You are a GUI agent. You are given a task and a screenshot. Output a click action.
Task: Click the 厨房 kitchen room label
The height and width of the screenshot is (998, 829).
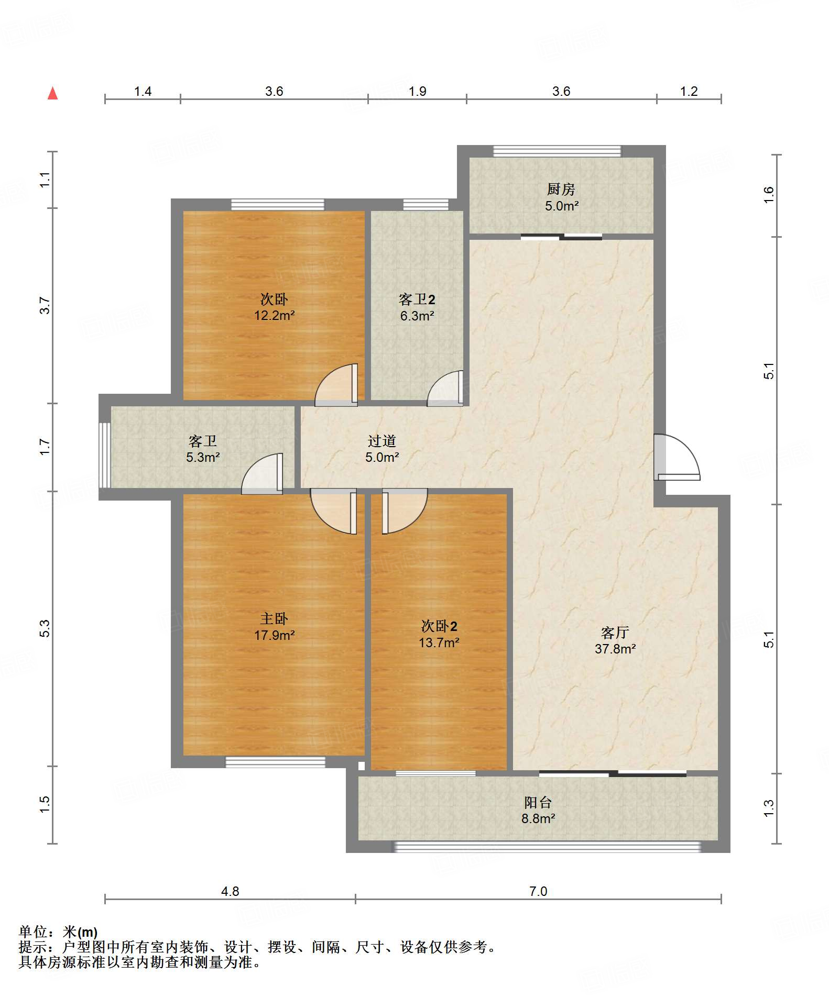point(561,189)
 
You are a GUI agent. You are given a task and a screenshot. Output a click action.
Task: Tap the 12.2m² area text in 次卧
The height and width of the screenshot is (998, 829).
point(275,315)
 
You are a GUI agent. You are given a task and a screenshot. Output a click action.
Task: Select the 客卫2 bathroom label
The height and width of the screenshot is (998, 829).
point(417,300)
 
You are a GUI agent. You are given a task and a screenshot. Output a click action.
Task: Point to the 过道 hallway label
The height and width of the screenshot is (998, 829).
point(382,441)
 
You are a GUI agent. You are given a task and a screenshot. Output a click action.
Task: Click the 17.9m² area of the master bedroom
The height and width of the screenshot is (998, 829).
point(275,635)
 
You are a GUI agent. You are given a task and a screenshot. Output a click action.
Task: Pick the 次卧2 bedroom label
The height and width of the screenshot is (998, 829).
point(439,626)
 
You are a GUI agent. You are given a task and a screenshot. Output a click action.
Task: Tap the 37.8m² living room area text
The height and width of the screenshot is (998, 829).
point(615,649)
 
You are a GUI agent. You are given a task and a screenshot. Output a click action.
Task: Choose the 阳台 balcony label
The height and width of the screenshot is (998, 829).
point(538,802)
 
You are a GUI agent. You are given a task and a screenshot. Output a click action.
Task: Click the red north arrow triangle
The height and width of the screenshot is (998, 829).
point(52,94)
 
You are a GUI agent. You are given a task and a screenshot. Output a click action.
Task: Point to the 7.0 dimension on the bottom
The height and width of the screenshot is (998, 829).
point(538,891)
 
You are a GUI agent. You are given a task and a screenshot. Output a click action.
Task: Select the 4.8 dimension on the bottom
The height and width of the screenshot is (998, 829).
point(230,891)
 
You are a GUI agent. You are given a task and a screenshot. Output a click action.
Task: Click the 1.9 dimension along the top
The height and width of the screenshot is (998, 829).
point(418,91)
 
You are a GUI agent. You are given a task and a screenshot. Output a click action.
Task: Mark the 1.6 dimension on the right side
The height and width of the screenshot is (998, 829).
point(768,195)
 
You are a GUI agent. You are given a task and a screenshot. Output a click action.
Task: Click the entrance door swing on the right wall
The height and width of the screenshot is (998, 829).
point(677,457)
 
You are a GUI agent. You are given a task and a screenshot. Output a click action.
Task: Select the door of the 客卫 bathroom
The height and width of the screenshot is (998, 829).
point(262,473)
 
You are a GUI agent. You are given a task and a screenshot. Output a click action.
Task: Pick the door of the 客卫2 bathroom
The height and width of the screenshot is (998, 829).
point(445,389)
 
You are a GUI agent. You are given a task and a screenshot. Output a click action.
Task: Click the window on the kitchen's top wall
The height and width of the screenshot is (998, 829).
point(557,151)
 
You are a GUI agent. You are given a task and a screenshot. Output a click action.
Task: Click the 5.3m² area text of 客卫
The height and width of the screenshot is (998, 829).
point(203,457)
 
